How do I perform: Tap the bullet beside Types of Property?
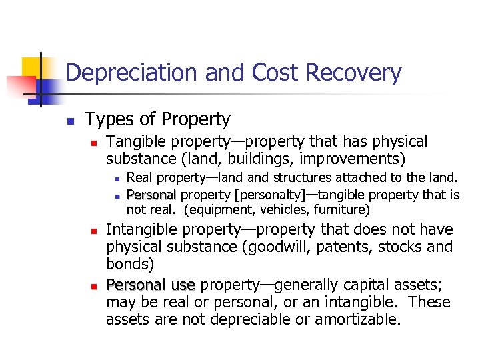pos(69,121)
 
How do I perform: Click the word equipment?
pos(220,210)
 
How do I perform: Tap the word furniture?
pos(341,210)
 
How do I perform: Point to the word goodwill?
pos(289,247)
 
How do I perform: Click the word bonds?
pos(128,265)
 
